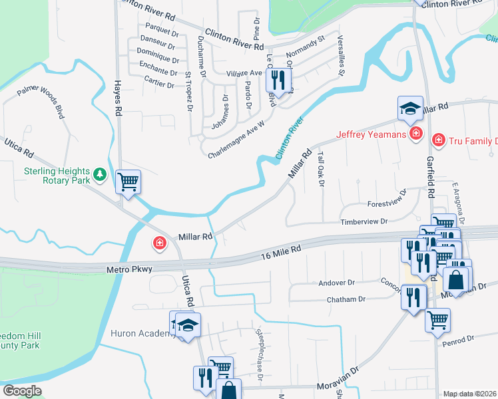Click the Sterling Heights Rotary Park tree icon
(x=100, y=174)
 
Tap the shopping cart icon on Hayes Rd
(x=128, y=181)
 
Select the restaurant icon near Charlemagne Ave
(x=278, y=81)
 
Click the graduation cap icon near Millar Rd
(x=410, y=107)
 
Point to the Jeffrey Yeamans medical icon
(x=416, y=134)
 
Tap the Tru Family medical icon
(x=439, y=140)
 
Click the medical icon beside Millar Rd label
(x=160, y=243)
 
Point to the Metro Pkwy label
(x=129, y=269)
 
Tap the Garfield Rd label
(x=430, y=178)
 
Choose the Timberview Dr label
(x=364, y=221)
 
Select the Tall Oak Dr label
(x=320, y=170)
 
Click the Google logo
(x=22, y=391)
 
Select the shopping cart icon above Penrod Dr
(x=437, y=319)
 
